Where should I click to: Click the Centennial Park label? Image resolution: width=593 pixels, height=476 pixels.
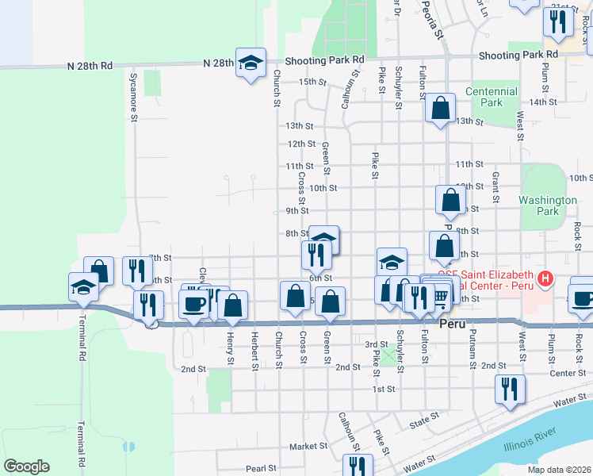(x=492, y=97)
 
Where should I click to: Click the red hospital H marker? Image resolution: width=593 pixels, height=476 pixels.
(x=545, y=278)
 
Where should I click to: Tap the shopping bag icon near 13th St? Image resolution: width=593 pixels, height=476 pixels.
(x=440, y=107)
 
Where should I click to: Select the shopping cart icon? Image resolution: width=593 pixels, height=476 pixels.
(x=440, y=295)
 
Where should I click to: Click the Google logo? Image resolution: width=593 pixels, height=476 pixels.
(x=26, y=466)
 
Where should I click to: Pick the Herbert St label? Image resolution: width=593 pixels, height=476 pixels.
(x=255, y=350)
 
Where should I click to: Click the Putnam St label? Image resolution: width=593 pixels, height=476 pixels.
(x=472, y=346)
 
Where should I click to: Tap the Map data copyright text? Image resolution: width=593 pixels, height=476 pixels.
(x=558, y=470)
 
